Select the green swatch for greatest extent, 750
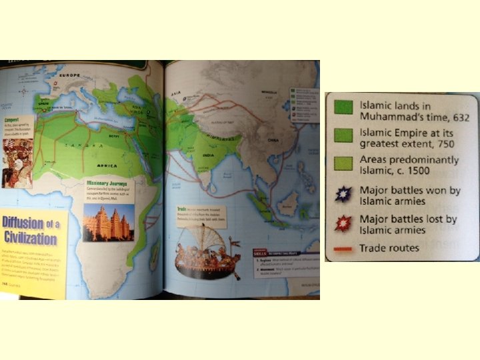(x=343, y=136)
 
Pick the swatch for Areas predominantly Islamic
(x=343, y=164)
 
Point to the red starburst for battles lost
(x=343, y=223)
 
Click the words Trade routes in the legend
(x=389, y=249)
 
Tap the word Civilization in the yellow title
(x=30, y=238)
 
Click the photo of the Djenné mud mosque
(x=108, y=221)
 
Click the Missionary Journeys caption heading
(x=107, y=183)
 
